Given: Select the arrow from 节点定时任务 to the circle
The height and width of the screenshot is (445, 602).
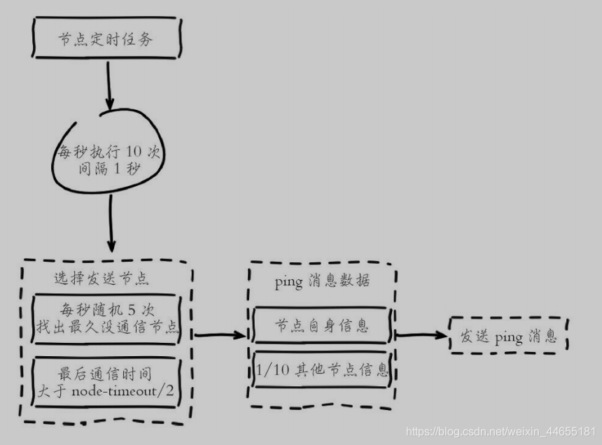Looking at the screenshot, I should pos(108,83).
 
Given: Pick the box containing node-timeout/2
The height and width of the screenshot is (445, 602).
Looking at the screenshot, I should pos(107,381).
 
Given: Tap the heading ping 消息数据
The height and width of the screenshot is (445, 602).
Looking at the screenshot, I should pos(321,281).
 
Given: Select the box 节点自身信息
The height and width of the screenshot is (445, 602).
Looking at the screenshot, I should pos(321,326).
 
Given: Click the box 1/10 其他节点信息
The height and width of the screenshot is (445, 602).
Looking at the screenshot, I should pos(321,369).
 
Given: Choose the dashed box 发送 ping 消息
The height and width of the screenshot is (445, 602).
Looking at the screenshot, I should pos(508,337).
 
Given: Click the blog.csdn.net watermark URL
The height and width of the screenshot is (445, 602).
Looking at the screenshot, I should pos(501,432).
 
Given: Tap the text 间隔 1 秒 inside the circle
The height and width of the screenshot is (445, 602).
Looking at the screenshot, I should pos(108,169).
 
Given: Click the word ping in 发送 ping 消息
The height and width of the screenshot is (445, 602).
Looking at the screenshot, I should pos(508,338).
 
